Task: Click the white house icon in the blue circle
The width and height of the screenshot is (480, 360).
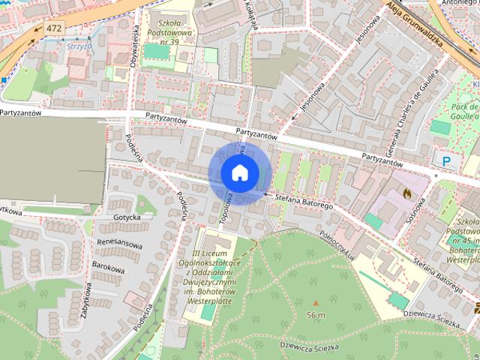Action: pyautogui.click(x=239, y=172)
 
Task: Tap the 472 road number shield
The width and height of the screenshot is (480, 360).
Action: pyautogui.click(x=53, y=28)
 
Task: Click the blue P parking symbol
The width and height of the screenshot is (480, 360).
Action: pyautogui.click(x=448, y=160)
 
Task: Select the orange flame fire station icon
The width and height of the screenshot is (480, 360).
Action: pyautogui.click(x=406, y=192)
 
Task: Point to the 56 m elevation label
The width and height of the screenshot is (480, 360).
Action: pyautogui.click(x=316, y=315)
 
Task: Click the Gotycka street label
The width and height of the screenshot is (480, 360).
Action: pyautogui.click(x=127, y=217)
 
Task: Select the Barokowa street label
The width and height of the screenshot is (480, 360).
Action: pyautogui.click(x=108, y=265)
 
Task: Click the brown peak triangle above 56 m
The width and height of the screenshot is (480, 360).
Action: pyautogui.click(x=316, y=303)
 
